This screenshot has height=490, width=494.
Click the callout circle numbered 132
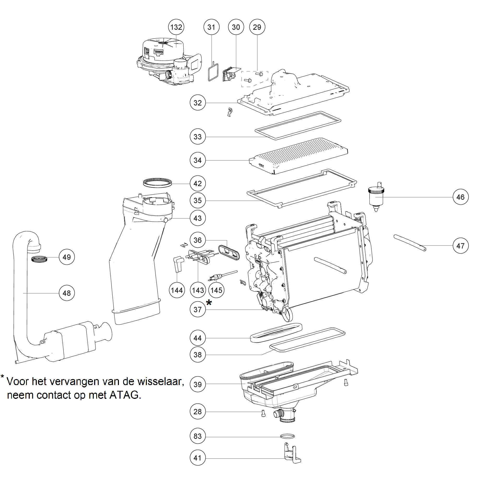click(x=176, y=27)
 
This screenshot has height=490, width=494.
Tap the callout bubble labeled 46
click(x=460, y=197)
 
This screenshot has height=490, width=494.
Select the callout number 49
click(x=67, y=257)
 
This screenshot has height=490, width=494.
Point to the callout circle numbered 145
click(x=216, y=290)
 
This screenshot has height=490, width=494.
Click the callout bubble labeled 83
click(x=197, y=436)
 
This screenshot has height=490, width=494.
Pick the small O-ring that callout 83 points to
click(x=287, y=436)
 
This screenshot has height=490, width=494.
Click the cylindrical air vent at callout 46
click(x=376, y=197)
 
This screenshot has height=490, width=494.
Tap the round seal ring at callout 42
click(x=158, y=183)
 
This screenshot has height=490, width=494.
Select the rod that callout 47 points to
click(x=410, y=243)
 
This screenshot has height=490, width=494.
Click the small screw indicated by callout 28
click(x=263, y=413)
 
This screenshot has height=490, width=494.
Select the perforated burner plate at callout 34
click(x=298, y=156)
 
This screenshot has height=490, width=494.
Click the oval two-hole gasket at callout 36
click(x=229, y=252)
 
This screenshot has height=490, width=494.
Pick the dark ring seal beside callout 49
click(x=39, y=259)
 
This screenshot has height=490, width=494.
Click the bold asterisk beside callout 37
click(x=209, y=303)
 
